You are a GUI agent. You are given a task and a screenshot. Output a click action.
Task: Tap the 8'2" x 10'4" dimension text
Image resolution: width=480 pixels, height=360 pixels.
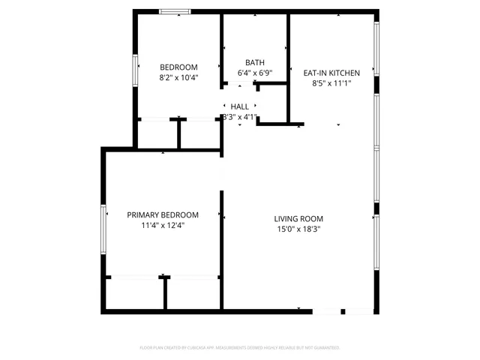(178, 77)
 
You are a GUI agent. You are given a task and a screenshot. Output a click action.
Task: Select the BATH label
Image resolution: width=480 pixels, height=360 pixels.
(254, 62)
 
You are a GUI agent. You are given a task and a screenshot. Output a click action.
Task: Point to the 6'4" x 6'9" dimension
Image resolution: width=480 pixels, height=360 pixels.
(254, 73)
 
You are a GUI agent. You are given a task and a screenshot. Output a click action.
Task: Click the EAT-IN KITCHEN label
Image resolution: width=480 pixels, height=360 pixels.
(331, 73)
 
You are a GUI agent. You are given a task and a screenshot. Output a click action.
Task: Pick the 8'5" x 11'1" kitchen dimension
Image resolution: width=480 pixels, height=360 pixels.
(331, 83)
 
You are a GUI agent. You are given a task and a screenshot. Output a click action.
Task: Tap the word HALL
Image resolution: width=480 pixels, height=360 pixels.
(240, 107)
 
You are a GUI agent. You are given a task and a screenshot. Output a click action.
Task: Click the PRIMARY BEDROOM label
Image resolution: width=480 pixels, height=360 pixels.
(163, 214)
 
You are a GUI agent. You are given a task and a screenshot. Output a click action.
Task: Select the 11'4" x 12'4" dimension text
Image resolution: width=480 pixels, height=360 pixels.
(163, 224)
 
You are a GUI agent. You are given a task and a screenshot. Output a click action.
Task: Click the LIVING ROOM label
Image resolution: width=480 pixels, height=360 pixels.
(298, 219)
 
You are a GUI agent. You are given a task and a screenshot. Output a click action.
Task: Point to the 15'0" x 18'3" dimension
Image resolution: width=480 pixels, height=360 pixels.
(298, 229)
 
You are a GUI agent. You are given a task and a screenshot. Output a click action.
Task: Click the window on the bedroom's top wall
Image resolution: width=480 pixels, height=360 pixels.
(175, 11)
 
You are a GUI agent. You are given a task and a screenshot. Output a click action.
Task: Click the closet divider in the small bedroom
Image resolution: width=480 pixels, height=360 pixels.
(178, 133)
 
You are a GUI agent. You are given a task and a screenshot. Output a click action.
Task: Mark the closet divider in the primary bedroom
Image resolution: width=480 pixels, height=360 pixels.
(165, 292)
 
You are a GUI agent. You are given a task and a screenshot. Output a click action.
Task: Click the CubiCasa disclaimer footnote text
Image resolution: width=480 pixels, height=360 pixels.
(240, 348)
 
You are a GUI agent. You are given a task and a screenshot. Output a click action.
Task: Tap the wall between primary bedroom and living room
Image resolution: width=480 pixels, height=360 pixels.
(221, 247)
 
